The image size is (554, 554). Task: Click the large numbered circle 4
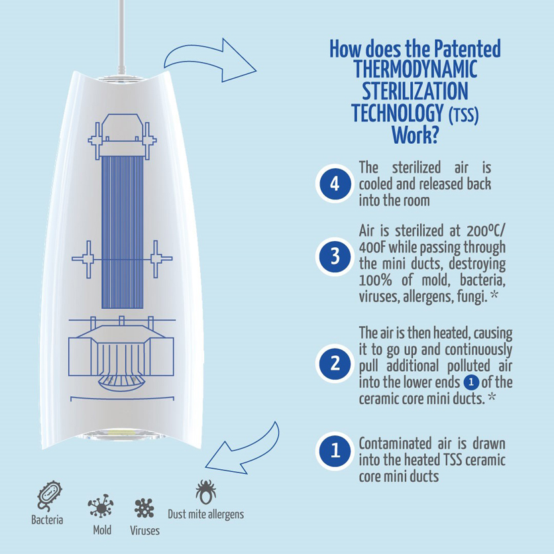(x=335, y=184)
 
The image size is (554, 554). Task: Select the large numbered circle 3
(x=335, y=256)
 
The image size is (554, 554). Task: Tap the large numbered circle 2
(x=335, y=363)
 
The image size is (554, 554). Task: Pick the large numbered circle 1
(x=335, y=451)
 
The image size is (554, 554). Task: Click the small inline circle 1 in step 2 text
(x=471, y=382)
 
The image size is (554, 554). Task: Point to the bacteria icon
(x=49, y=495)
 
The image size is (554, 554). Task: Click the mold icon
(x=101, y=506)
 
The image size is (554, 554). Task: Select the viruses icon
(x=144, y=508)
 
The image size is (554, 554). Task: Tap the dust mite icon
(x=205, y=492)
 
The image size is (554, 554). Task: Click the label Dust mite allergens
(x=205, y=514)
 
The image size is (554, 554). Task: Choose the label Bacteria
(x=47, y=520)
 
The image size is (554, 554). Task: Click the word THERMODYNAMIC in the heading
(x=415, y=69)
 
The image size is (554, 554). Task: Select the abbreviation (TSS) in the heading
(x=464, y=115)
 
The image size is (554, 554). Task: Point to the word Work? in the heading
(x=415, y=135)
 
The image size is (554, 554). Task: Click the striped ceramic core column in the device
(x=122, y=232)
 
